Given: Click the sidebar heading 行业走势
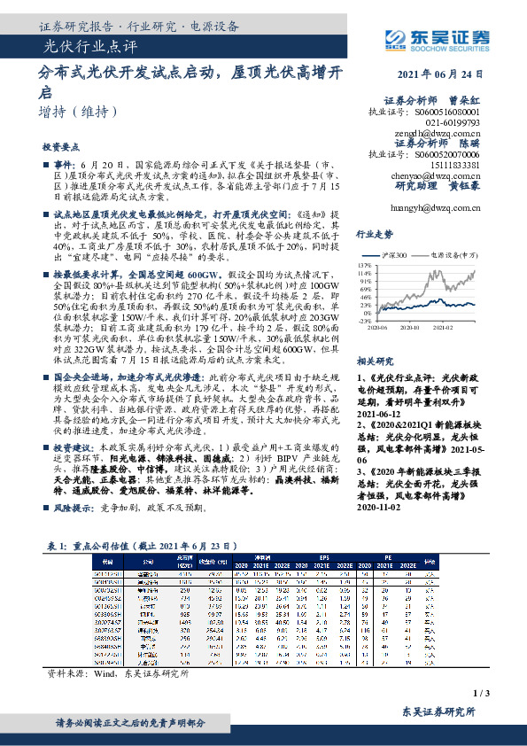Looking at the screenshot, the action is click(x=399, y=235).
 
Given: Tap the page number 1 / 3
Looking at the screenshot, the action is click(x=507, y=692).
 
